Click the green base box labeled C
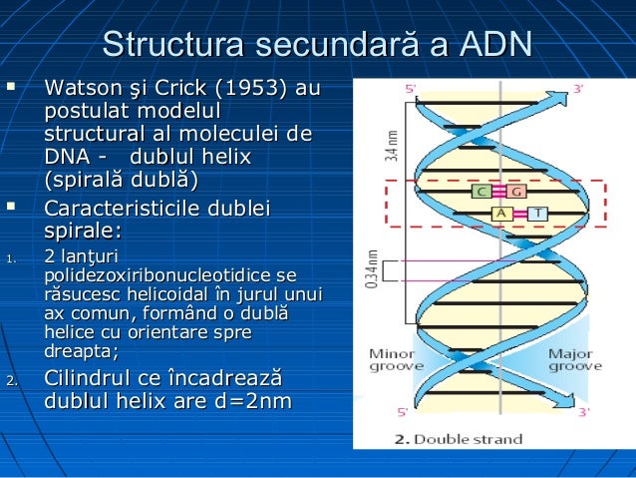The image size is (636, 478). pos(480,191)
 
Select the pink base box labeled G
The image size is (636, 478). pos(515,191)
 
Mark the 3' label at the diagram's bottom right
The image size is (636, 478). pos(584,411)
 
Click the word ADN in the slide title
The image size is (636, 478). pos(495,45)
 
